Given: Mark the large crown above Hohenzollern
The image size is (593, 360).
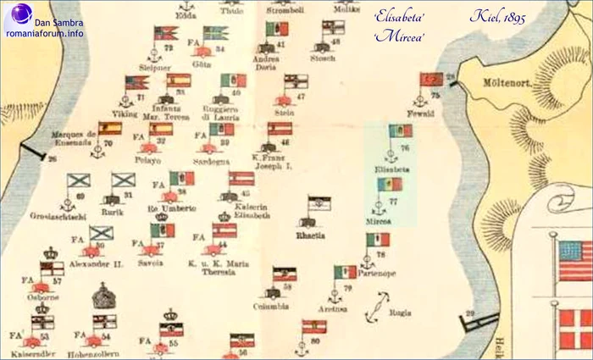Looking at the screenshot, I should tap(104, 296).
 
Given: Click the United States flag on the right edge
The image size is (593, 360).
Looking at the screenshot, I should tap(576, 260).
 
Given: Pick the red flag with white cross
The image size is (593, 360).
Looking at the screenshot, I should tap(576, 329).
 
